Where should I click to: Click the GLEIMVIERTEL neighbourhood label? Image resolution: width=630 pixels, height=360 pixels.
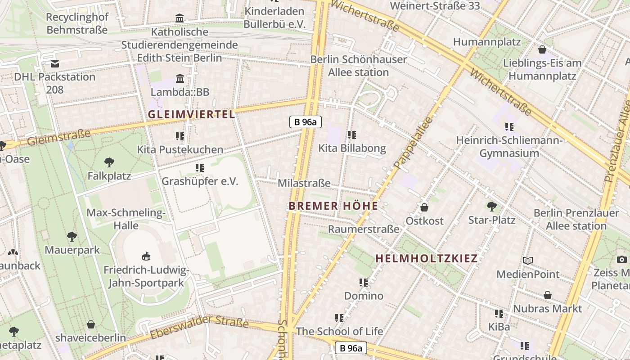pos(191,114)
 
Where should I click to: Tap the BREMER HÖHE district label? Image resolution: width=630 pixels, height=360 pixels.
pos(333,206)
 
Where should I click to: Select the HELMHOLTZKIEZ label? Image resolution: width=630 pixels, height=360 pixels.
pos(426,259)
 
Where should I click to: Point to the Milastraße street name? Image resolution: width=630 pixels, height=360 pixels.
pos(304,183)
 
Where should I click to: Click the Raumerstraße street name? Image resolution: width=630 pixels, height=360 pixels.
pos(363,229)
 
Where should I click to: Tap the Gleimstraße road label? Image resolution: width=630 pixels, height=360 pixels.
pos(59,138)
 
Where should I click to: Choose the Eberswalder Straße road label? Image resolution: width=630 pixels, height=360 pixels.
pos(199,328)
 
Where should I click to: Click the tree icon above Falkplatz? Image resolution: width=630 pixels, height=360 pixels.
pos(109,162)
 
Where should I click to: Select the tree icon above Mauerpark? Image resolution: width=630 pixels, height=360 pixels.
pos(72,237)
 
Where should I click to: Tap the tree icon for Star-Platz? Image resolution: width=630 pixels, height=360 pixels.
pos(492,207)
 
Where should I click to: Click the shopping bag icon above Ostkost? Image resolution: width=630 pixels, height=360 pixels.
pos(424,207)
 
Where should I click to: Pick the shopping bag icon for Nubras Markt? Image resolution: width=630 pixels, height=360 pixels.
pos(548,295)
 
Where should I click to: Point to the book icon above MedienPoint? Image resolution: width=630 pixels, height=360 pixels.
pos(528,261)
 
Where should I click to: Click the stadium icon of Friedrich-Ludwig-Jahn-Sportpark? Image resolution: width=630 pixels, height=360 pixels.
pos(146,256)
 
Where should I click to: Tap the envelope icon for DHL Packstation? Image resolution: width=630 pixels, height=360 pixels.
pos(55,63)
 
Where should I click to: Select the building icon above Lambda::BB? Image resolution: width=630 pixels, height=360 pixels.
pos(180,79)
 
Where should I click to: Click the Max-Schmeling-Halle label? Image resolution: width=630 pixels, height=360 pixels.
pos(126,219)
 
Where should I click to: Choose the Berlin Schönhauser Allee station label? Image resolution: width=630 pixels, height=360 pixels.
pos(359,66)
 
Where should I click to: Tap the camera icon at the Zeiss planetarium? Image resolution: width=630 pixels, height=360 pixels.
pos(622,259)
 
